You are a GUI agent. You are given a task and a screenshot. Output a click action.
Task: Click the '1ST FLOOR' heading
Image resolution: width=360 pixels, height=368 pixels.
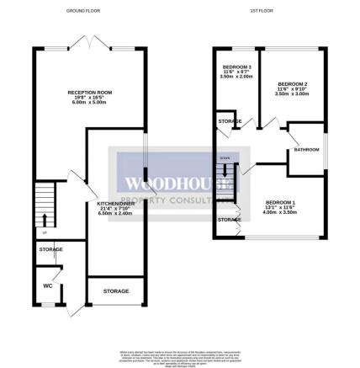[261, 10]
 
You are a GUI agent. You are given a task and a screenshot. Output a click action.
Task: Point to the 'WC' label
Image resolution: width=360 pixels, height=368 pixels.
[47, 285]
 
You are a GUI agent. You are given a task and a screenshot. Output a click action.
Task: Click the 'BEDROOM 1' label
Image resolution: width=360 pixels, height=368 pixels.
[280, 202]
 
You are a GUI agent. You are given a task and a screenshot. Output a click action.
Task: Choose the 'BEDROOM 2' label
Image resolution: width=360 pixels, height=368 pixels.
[292, 84]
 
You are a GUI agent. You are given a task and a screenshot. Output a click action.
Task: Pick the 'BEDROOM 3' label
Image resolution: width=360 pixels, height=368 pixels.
[237, 67]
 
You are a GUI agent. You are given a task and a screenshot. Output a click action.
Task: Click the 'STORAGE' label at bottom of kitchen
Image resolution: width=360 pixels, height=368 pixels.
[116, 291]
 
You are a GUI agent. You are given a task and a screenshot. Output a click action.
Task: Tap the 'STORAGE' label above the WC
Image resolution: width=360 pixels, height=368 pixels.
[50, 250]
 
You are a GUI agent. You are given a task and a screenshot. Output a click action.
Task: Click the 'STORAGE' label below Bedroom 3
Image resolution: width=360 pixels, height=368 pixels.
[230, 122]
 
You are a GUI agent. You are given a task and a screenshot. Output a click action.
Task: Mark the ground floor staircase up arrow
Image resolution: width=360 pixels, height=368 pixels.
[44, 221]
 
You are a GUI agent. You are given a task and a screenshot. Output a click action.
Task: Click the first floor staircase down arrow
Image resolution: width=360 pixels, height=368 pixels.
[225, 172]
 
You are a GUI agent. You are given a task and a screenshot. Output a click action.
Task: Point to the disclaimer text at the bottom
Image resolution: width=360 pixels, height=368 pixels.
[179, 359]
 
